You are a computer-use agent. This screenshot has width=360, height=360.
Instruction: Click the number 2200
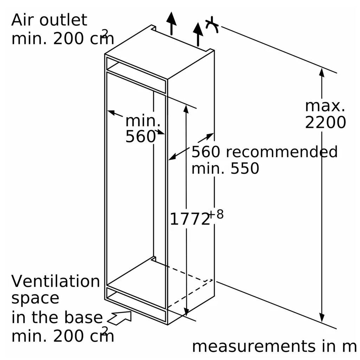(325, 122)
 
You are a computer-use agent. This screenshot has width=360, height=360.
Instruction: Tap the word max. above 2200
(325, 106)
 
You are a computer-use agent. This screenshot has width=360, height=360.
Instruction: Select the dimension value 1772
(189, 219)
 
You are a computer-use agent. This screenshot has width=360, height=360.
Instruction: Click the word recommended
(281, 152)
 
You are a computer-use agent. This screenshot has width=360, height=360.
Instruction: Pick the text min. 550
(225, 169)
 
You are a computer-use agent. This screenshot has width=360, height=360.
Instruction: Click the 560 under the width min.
(140, 136)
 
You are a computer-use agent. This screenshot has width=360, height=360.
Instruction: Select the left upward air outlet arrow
(172, 22)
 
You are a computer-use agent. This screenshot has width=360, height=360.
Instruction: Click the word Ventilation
(56, 281)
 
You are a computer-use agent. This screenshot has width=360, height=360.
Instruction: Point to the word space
(35, 298)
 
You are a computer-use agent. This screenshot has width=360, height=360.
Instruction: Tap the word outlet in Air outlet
(63, 20)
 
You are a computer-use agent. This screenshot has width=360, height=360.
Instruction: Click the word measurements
(253, 346)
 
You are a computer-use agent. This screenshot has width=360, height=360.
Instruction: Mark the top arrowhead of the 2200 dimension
(321, 72)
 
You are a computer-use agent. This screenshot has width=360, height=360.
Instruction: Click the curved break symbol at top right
(213, 25)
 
